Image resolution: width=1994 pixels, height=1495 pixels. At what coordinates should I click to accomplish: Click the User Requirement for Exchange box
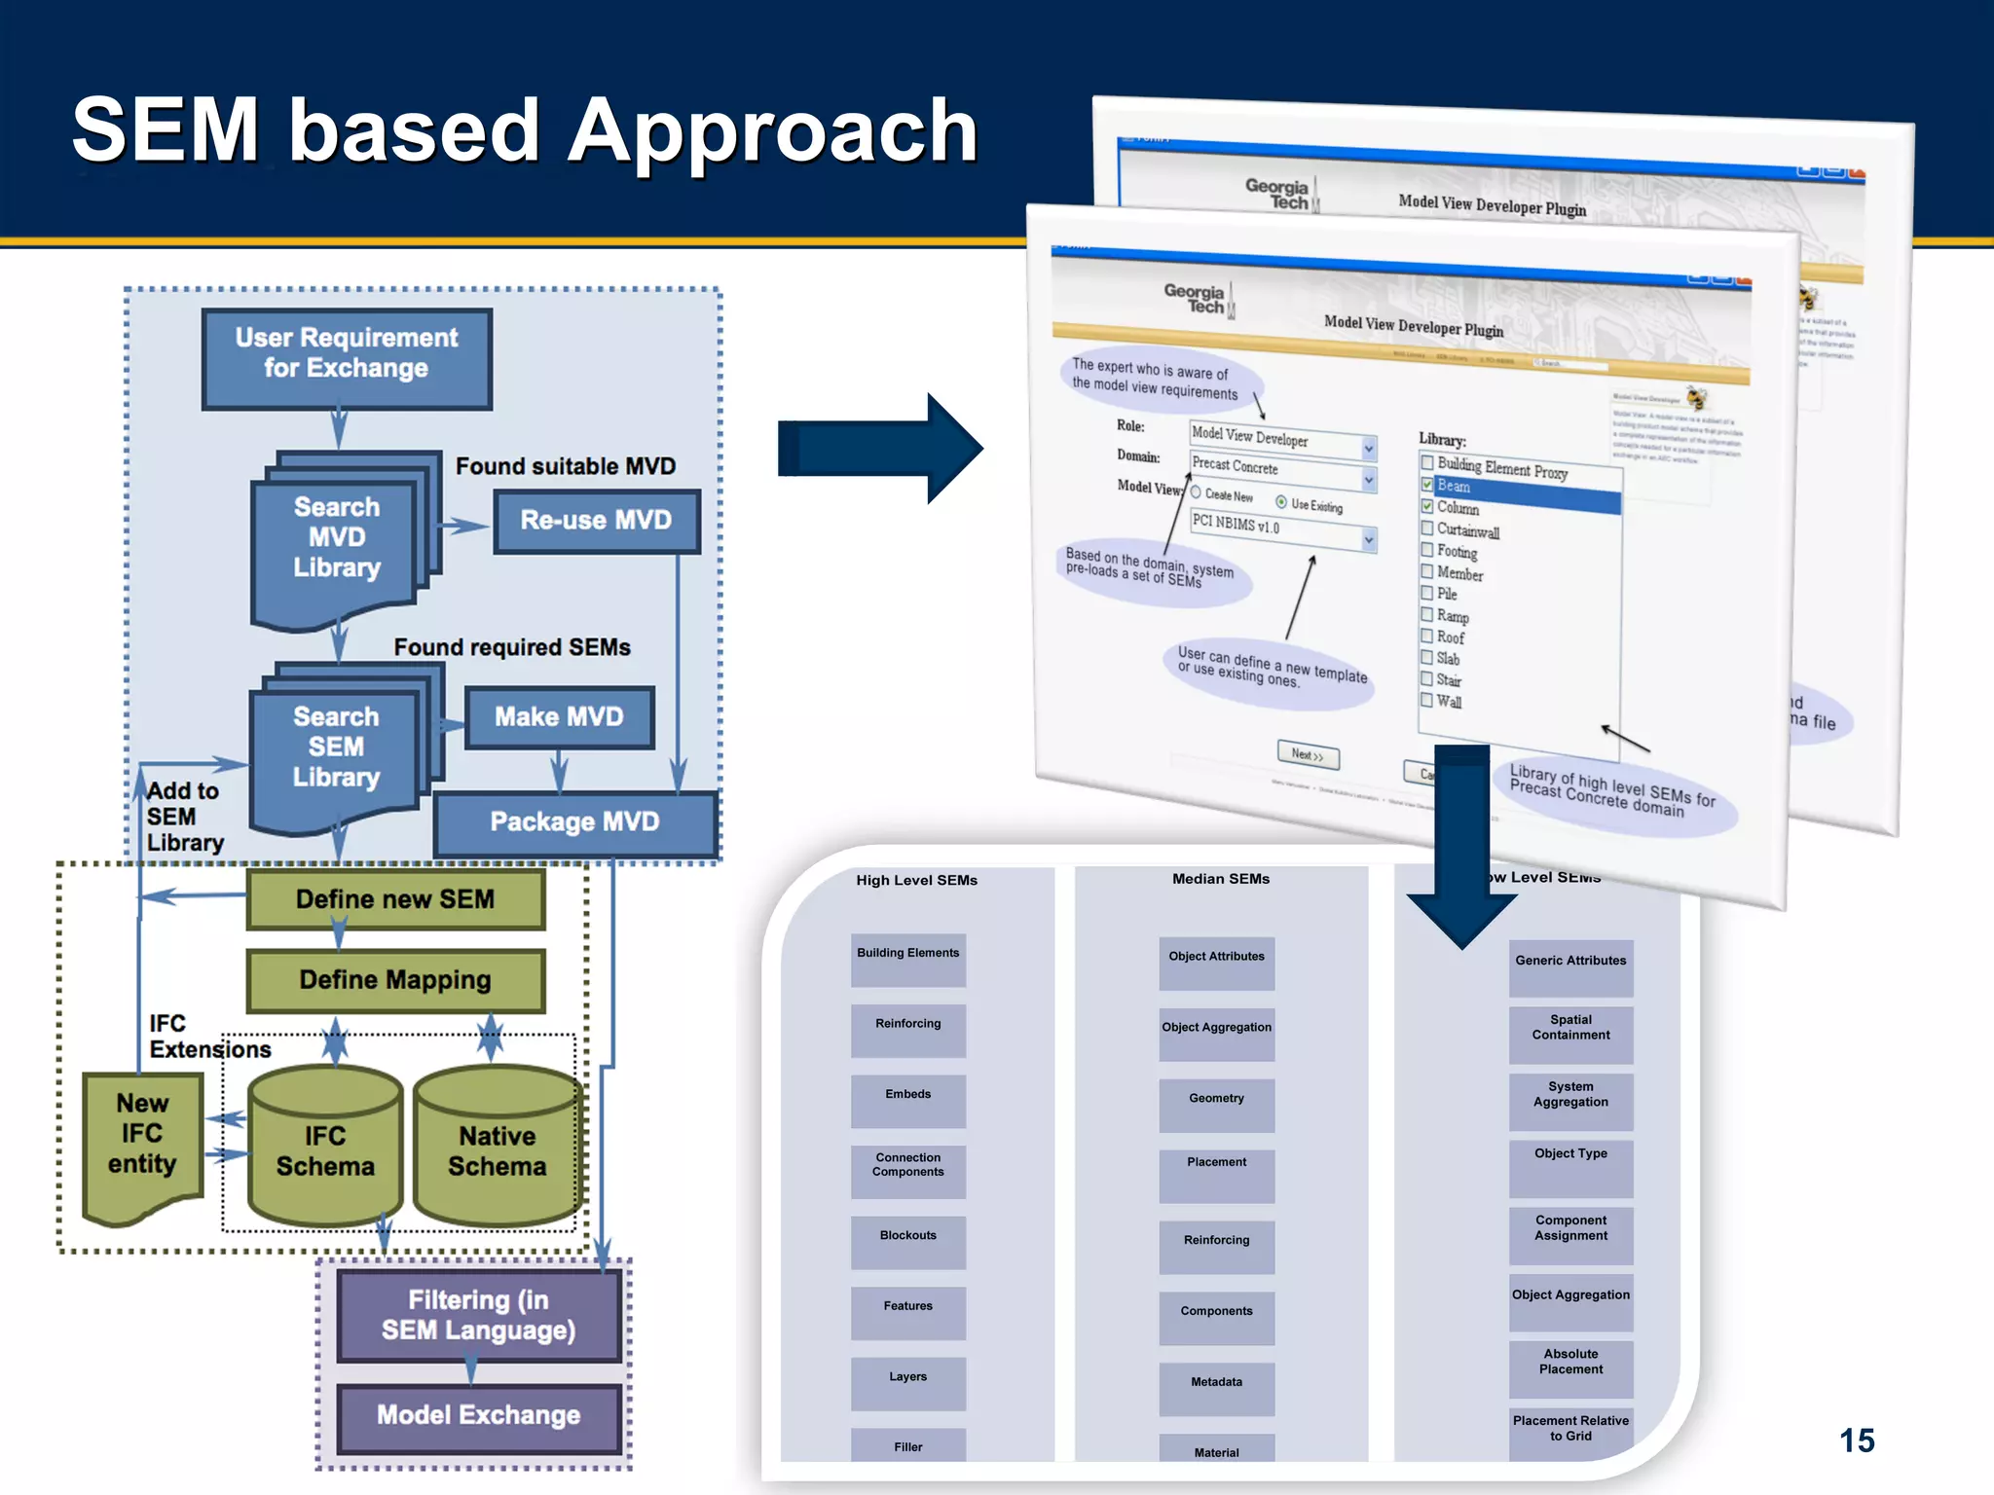click(347, 358)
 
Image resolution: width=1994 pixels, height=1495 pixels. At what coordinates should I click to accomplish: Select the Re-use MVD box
click(596, 521)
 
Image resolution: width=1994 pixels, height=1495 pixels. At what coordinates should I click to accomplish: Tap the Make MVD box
click(559, 717)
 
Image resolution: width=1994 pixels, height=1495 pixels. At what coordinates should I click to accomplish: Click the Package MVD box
click(574, 822)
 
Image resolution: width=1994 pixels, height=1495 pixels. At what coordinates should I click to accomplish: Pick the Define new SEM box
click(395, 899)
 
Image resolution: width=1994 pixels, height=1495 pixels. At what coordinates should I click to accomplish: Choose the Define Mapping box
click(395, 980)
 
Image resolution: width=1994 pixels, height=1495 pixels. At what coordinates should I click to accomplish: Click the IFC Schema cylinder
click(325, 1150)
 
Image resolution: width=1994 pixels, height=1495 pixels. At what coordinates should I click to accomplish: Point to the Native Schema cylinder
click(497, 1150)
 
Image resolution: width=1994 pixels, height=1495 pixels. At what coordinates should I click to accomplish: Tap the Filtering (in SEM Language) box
click(478, 1315)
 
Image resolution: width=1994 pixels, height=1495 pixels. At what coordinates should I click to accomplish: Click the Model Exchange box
click(478, 1415)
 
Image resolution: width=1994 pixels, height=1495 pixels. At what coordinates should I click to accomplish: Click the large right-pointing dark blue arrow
click(876, 449)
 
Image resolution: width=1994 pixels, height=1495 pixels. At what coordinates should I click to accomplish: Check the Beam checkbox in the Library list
click(1427, 484)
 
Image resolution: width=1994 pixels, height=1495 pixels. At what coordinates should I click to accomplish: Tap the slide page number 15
click(1857, 1440)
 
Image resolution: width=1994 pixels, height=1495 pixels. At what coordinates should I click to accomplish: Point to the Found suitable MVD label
click(565, 466)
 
